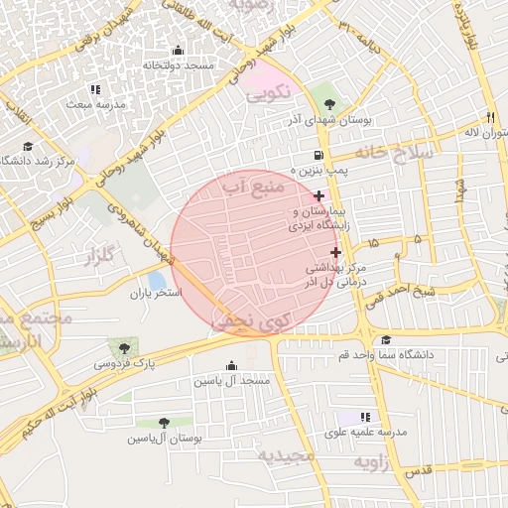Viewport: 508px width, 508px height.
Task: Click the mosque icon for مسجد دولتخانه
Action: coord(178,51)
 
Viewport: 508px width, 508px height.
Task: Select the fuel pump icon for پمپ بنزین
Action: coord(317,155)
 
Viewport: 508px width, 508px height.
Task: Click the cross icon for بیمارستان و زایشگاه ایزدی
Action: coord(317,196)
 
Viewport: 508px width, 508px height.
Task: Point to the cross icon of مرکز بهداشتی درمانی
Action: coord(335,252)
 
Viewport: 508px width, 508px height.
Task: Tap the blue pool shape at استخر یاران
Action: coord(156,281)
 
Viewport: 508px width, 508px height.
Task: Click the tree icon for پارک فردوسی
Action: coord(123,347)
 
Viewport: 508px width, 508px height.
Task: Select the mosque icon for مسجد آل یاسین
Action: coord(232,365)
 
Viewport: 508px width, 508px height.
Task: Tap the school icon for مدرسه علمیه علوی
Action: coord(365,418)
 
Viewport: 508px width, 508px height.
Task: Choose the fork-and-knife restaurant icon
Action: coord(489,116)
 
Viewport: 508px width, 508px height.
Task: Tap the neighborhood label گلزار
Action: coord(101,259)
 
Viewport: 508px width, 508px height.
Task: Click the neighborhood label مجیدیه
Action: coord(287,455)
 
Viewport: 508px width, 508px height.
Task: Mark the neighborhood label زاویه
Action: coord(377,462)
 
